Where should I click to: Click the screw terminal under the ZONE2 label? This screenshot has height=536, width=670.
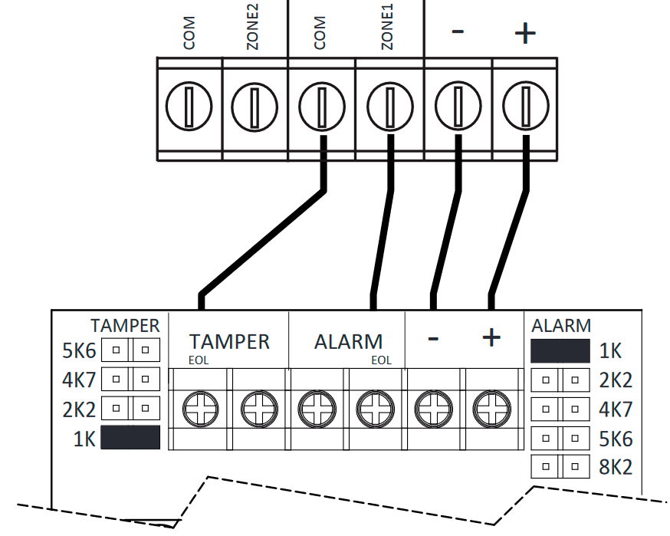click(x=255, y=106)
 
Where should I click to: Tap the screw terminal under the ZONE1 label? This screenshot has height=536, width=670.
click(x=389, y=106)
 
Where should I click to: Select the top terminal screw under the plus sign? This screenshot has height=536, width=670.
click(x=525, y=106)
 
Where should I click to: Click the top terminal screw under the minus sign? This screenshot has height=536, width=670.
click(x=457, y=106)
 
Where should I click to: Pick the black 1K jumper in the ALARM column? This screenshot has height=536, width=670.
click(x=560, y=351)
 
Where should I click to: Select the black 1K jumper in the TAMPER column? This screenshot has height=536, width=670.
click(x=130, y=438)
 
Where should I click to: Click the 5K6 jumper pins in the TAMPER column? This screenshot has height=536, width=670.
click(x=130, y=350)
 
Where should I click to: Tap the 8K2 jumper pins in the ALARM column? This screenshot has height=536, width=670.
click(x=560, y=466)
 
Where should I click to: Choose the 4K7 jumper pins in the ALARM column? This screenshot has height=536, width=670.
click(x=560, y=409)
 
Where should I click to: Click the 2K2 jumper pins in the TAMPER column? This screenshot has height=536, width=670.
click(x=130, y=408)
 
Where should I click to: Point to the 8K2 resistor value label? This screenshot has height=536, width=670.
click(x=616, y=467)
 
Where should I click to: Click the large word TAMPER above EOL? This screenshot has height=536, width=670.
click(x=229, y=341)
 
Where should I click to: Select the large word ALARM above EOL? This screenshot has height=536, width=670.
click(x=348, y=341)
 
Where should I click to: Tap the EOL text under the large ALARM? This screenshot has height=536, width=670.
click(x=381, y=360)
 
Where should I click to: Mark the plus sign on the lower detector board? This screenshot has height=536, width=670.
click(x=491, y=337)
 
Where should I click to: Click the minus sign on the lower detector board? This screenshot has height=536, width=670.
click(x=433, y=338)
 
